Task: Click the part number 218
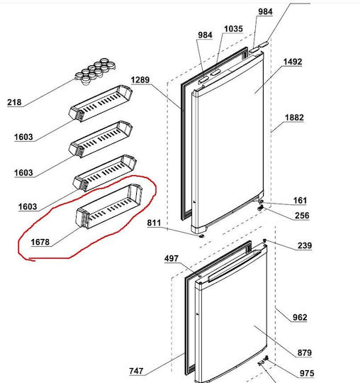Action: click(14, 102)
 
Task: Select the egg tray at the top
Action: click(95, 72)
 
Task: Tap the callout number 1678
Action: click(40, 242)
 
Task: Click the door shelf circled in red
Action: click(109, 206)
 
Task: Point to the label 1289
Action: click(140, 80)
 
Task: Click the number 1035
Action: click(234, 29)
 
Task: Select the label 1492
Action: click(293, 62)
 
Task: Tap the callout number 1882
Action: click(294, 118)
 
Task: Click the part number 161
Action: click(300, 201)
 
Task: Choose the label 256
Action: click(302, 216)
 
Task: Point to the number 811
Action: click(154, 223)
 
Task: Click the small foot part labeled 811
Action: click(201, 236)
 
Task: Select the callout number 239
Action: click(305, 245)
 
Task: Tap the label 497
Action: click(171, 258)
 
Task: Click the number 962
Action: click(300, 317)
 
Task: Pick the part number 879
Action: click(305, 353)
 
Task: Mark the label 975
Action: click(307, 373)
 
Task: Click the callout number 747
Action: click(136, 371)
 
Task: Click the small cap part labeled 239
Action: click(265, 241)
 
